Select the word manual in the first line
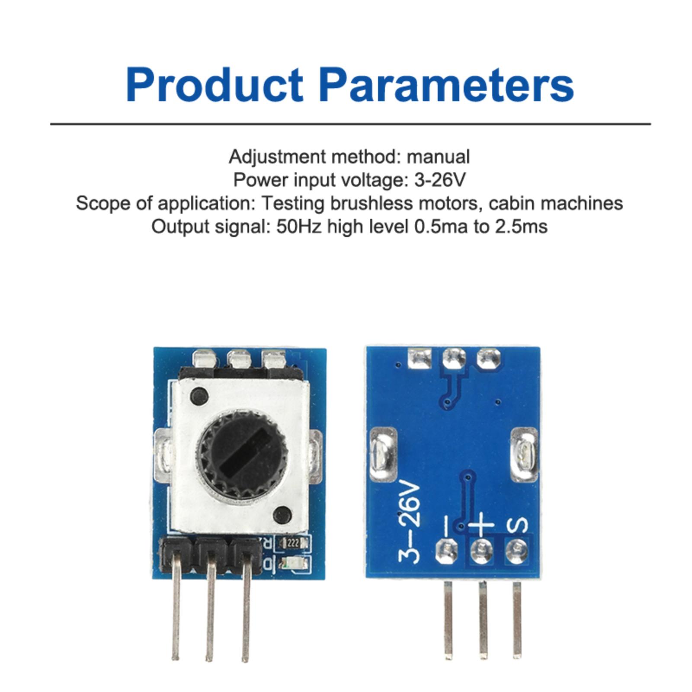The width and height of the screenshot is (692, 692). (x=438, y=157)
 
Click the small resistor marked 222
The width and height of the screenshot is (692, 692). (x=293, y=543)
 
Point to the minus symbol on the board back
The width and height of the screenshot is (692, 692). (x=447, y=524)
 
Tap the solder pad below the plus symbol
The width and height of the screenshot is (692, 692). (x=481, y=551)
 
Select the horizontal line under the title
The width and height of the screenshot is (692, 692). (x=350, y=124)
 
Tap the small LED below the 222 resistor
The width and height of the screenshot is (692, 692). (x=295, y=563)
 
